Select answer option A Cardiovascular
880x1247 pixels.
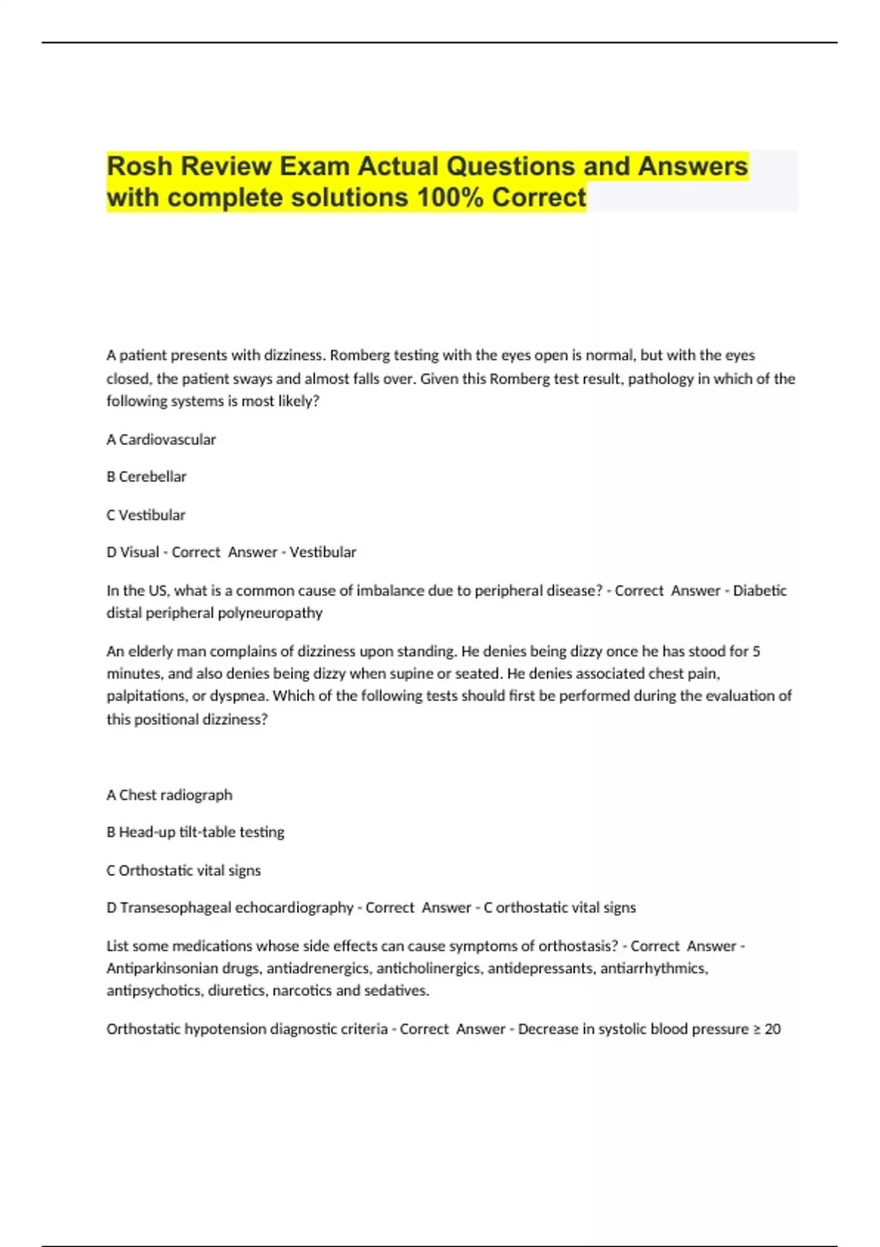[x=161, y=439]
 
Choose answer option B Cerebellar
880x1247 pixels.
[x=146, y=477]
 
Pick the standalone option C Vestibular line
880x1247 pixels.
[x=145, y=515]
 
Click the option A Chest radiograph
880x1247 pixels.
[x=169, y=794]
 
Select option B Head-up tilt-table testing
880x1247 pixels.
[x=195, y=832]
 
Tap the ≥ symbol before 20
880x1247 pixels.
[x=756, y=1029]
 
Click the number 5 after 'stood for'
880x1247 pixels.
[x=756, y=651]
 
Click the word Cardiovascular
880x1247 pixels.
[x=167, y=439]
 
